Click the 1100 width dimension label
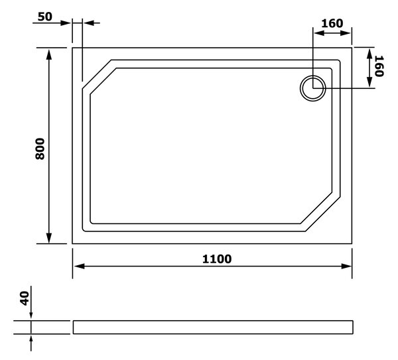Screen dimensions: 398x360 click(x=217, y=259)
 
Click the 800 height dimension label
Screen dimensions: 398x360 click(x=40, y=149)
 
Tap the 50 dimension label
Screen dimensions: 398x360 click(x=45, y=17)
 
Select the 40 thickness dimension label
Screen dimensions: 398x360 click(x=25, y=298)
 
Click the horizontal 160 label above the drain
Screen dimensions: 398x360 click(x=332, y=23)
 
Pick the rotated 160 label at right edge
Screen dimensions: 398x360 click(x=379, y=66)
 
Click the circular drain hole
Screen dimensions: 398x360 click(x=312, y=88)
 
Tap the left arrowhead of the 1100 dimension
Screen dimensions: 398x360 click(x=79, y=266)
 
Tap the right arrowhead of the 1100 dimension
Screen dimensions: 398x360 click(x=346, y=266)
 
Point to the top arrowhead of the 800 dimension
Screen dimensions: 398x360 click(x=49, y=54)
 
